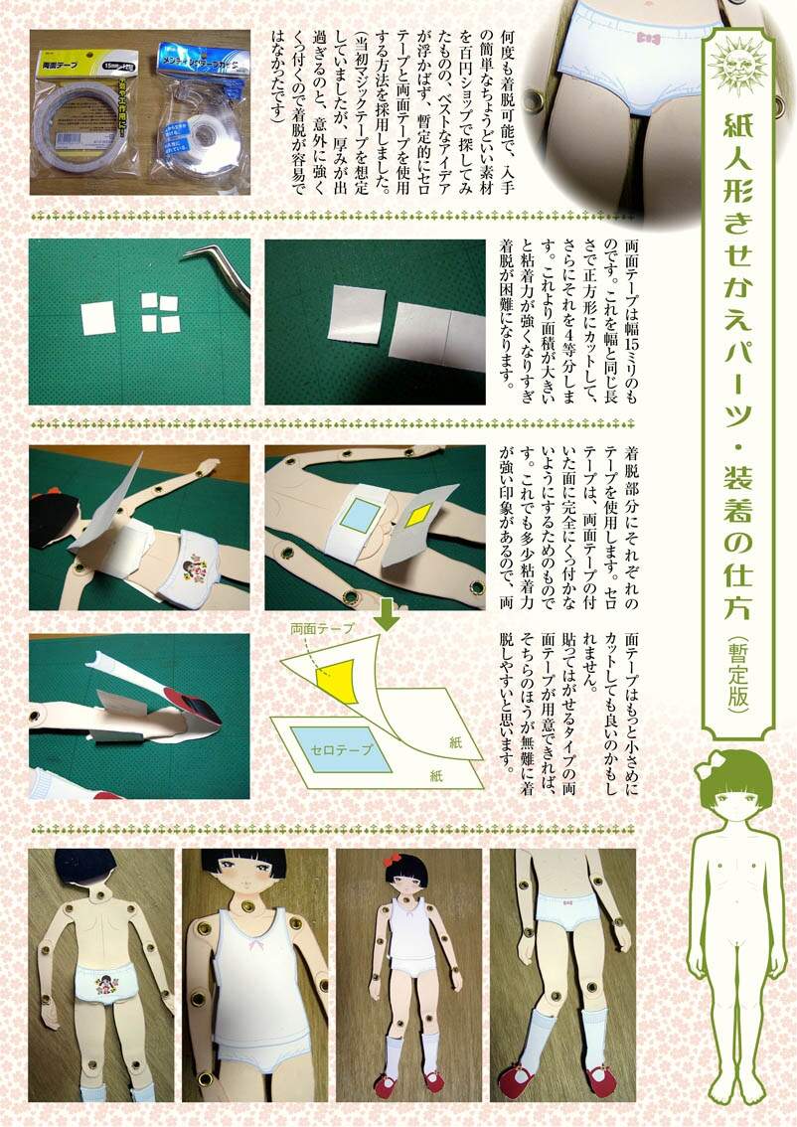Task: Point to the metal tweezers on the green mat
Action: point(220,269)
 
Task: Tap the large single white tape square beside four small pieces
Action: point(97,318)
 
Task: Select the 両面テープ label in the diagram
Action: point(323,628)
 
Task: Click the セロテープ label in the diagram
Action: point(342,749)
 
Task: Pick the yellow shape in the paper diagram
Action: point(337,679)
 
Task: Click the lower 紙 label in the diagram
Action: point(435,775)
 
